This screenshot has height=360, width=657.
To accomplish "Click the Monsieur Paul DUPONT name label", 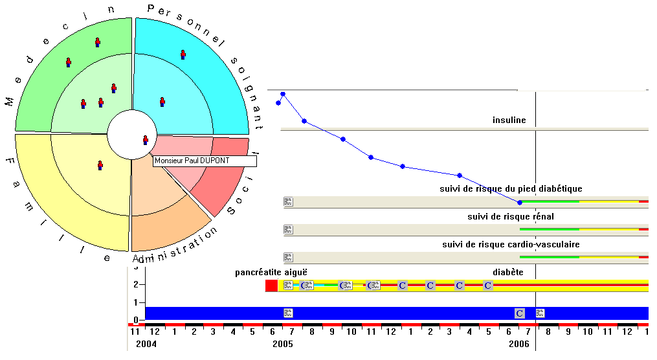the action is click(x=205, y=161).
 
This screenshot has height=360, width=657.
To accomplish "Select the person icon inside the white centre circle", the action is click(x=146, y=140).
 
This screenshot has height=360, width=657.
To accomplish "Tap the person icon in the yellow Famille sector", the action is click(x=100, y=165).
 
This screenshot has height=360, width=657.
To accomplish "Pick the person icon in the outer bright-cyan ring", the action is click(x=183, y=54).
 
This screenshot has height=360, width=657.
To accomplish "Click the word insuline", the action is click(x=509, y=120).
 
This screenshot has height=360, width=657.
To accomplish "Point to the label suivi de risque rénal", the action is click(x=511, y=217).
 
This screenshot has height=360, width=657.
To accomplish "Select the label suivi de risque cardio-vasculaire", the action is click(x=511, y=244).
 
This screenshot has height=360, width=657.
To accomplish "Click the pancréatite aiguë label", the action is click(x=271, y=273).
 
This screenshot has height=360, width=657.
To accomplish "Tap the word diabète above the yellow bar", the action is click(x=508, y=273).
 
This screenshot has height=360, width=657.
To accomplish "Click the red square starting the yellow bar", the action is click(x=271, y=286).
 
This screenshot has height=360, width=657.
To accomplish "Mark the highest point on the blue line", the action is click(x=283, y=95).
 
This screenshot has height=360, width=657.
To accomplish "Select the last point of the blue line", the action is click(x=520, y=203).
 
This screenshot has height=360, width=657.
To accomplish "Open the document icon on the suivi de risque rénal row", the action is click(x=288, y=230).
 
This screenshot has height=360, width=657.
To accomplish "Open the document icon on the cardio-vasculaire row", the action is click(x=288, y=257).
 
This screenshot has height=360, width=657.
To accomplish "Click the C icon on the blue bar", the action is click(x=520, y=313).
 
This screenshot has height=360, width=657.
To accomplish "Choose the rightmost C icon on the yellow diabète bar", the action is click(x=487, y=286).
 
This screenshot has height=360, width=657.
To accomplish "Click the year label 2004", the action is click(x=146, y=344).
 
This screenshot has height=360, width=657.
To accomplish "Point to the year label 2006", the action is click(x=519, y=344).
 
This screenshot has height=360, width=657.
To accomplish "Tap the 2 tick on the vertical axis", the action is click(x=136, y=284).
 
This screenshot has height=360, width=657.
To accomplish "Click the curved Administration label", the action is click(x=175, y=246).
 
